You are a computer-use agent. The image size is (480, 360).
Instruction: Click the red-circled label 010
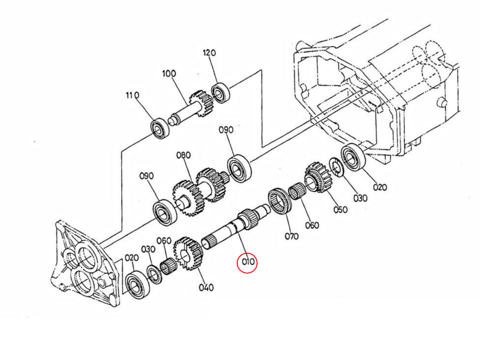pos(247,263)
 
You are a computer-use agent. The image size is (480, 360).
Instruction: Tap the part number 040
pos(206,287)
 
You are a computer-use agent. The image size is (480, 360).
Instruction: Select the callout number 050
pos(340,209)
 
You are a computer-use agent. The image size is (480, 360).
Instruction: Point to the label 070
pos(292,236)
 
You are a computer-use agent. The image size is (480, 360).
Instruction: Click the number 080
pos(184,155)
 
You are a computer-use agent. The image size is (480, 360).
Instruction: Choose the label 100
pos(169,74)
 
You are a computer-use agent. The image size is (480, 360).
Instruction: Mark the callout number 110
pos(132,96)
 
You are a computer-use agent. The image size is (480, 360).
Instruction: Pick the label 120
pos(209,53)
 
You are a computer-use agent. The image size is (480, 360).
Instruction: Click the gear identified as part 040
pos(187,253)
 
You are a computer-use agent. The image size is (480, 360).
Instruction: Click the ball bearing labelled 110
pos(160,128)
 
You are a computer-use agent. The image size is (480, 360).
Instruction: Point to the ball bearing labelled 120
pos(219,92)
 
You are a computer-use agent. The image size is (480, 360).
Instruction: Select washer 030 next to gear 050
pos(337,167)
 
